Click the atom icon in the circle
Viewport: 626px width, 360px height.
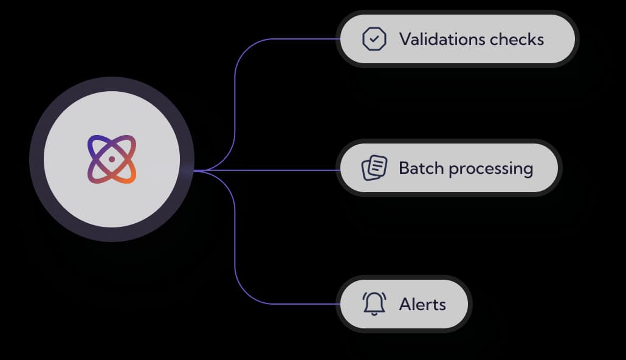(112, 159)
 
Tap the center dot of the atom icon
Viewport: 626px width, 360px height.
(112, 159)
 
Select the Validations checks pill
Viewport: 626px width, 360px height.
(456, 40)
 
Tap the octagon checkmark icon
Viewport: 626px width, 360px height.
(374, 40)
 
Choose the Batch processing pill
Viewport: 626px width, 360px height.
(449, 168)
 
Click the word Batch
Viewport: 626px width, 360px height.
(420, 168)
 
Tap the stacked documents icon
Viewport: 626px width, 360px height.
(374, 168)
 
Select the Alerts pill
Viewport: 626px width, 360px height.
(404, 303)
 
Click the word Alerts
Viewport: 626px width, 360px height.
(422, 303)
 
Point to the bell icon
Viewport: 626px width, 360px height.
(374, 303)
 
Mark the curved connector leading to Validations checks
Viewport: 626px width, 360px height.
(235, 91)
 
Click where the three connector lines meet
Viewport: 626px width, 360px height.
(201, 171)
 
